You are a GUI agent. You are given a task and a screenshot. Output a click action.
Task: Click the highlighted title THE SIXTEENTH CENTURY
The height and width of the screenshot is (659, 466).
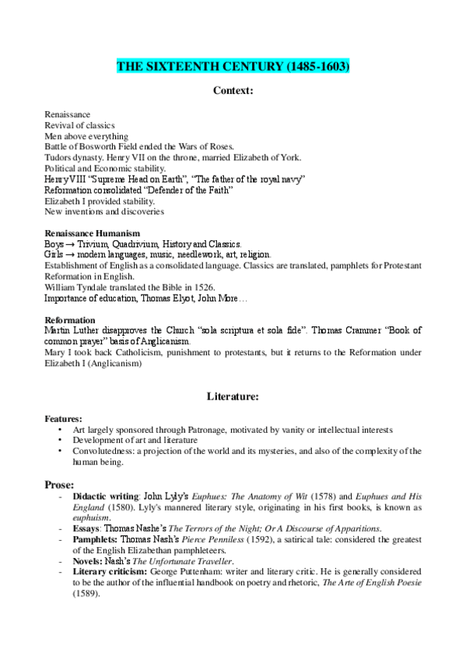[x=233, y=68]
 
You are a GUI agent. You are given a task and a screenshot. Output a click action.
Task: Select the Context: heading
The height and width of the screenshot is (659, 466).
[x=233, y=91]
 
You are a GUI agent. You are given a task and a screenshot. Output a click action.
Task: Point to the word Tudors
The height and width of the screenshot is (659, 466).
[x=58, y=157]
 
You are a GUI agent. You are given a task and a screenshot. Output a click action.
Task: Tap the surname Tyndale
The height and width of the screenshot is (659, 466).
[x=92, y=287]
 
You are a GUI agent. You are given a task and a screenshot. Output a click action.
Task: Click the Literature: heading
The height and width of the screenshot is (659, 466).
[x=233, y=396]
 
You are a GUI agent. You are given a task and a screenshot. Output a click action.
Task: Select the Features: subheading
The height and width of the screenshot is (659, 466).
[x=64, y=418]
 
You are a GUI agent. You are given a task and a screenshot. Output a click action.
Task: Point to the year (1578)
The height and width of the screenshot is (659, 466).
[x=301, y=497]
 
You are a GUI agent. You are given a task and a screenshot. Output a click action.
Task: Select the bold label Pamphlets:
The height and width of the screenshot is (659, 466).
[x=96, y=540]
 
